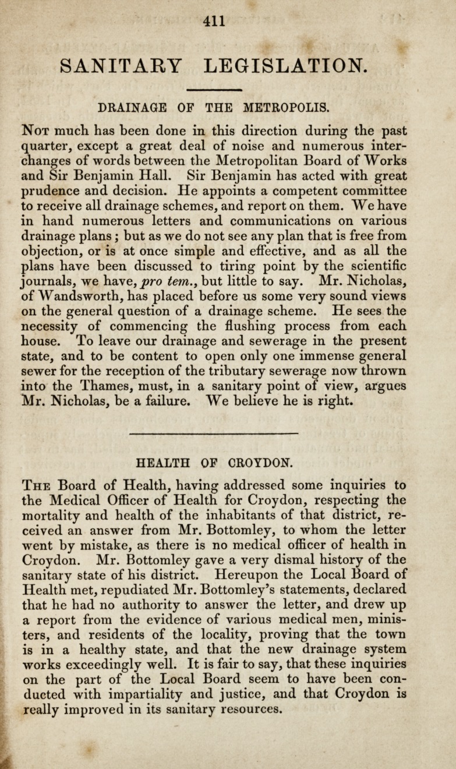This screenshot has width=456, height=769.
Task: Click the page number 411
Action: coord(214,20)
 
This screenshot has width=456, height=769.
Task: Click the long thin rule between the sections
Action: coord(214,433)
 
